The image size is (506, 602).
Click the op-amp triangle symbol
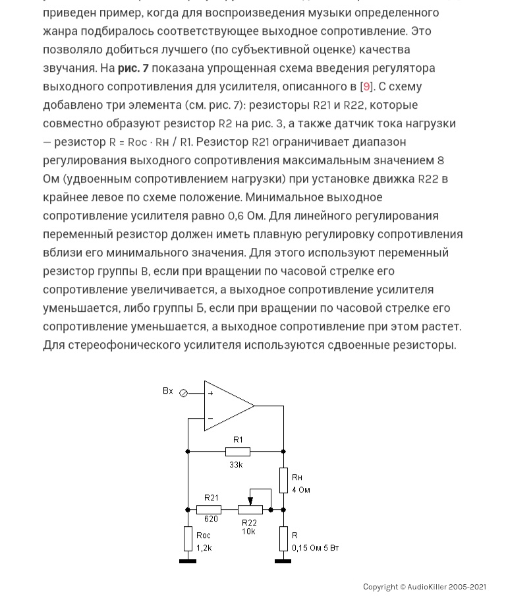point(227,406)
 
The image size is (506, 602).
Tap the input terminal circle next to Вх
point(184,393)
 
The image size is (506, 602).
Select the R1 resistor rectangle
point(237,452)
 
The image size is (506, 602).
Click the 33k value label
point(236,464)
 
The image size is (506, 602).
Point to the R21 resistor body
point(209,510)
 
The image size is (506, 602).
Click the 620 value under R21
point(211,519)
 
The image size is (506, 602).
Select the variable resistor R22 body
point(250,510)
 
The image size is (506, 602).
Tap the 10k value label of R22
point(248,531)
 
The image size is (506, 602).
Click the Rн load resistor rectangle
point(283,480)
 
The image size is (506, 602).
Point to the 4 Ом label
point(301,490)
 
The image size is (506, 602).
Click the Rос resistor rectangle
point(188,539)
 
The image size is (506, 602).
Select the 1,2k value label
point(204,548)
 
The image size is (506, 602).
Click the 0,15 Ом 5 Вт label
point(316,548)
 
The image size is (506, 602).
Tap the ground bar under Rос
point(188,561)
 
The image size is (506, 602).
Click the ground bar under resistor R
point(283,561)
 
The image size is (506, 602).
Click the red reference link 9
point(367,86)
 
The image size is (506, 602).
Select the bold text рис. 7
point(133,68)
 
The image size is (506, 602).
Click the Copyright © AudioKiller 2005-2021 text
point(424,587)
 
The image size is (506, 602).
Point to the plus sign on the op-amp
point(211,394)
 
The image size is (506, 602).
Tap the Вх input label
point(168,391)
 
